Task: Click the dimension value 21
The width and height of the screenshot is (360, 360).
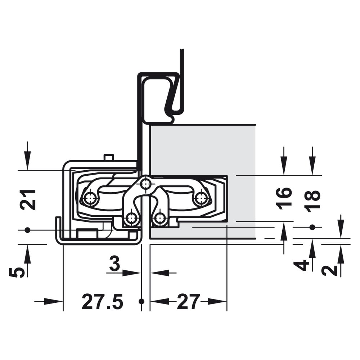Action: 28,200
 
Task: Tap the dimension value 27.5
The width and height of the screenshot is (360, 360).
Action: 102,301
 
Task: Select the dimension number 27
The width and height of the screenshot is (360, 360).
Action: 188,301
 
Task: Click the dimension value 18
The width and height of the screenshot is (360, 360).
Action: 312,199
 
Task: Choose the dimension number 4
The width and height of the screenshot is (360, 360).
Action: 301,265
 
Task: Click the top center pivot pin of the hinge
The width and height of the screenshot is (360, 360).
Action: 145,184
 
